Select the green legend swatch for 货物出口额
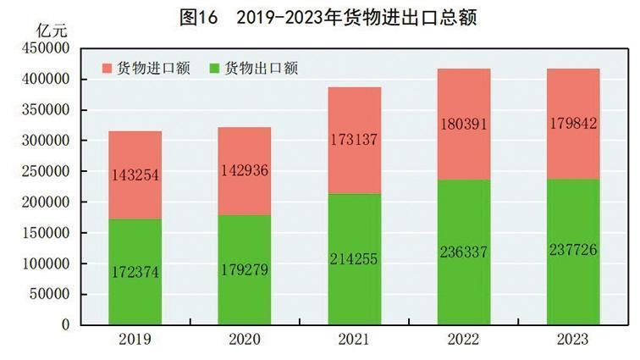[213, 69]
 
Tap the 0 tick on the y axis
[63, 324]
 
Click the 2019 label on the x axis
[135, 340]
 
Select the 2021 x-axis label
[354, 340]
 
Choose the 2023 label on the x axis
[573, 340]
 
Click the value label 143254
[135, 175]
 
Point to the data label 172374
[135, 272]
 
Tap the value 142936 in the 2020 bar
[245, 172]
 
